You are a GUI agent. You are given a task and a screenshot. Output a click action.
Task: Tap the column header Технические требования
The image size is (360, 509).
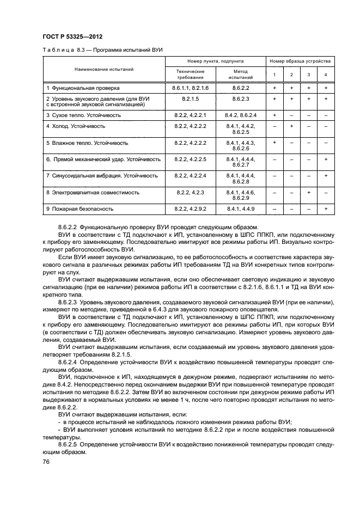pos(190,75)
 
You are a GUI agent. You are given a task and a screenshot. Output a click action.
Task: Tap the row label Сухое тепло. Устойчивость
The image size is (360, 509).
pos(85,115)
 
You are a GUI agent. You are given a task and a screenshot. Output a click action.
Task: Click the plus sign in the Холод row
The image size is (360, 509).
pos(292,126)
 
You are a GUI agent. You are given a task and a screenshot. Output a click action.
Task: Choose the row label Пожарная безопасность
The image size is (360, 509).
pos(80,208)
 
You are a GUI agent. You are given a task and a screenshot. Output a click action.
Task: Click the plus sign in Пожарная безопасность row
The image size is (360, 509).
pos(325,208)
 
